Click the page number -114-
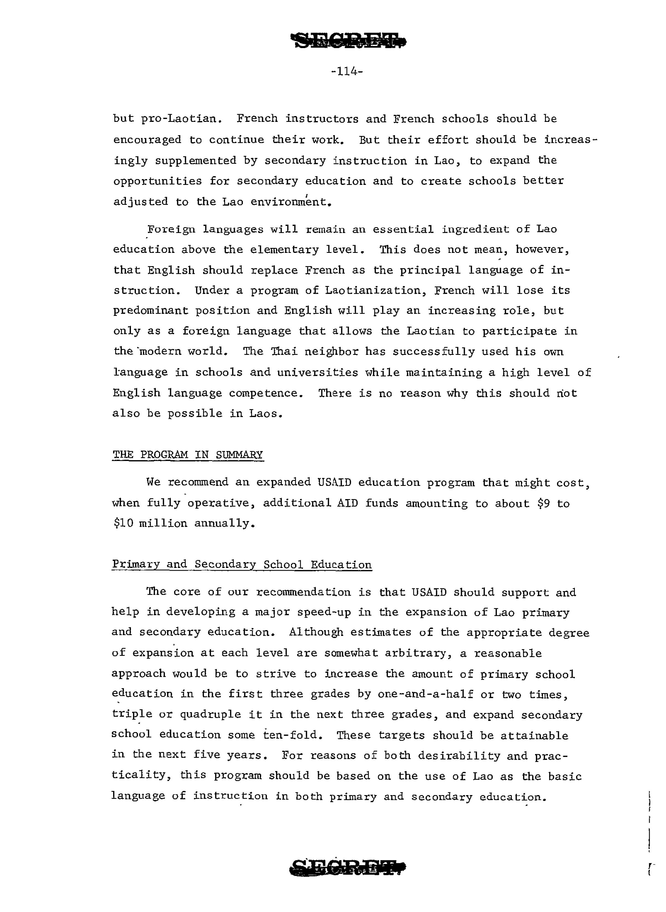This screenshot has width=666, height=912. click(347, 72)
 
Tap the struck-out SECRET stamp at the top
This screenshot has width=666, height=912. click(350, 41)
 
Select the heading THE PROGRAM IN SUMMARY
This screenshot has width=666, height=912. click(188, 455)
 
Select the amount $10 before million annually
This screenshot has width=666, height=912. click(122, 523)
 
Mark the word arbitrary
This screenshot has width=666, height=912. click(418, 653)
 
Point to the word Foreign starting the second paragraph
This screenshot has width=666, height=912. click(171, 229)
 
